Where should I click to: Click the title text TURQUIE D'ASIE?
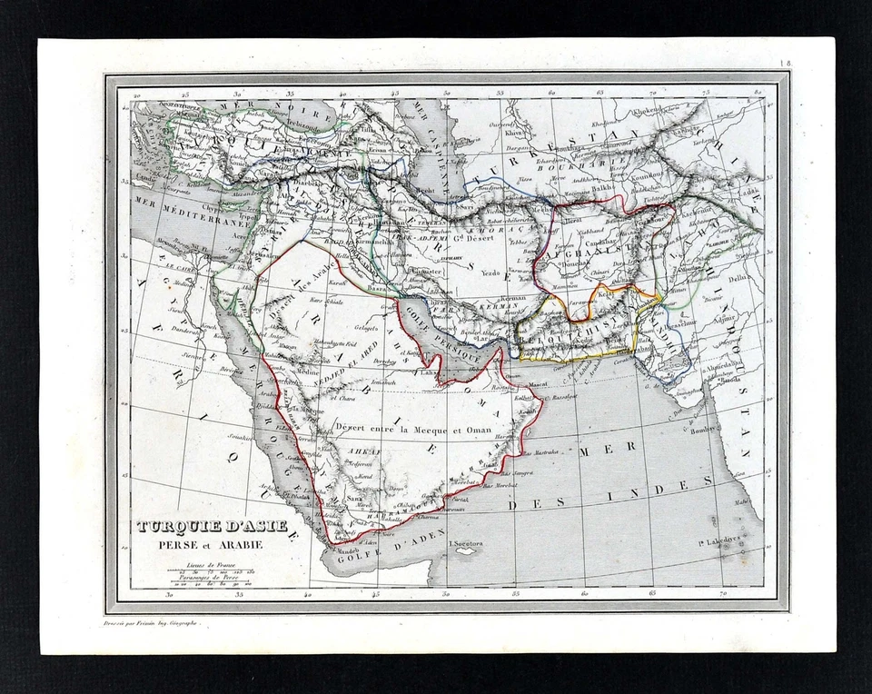pos(212,526)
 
